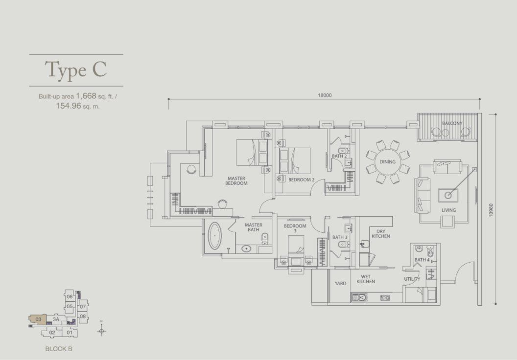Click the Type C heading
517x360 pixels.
76,69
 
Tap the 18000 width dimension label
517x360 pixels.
325,95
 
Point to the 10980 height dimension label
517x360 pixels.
491,210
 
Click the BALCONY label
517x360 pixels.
452,123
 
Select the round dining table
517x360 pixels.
387,162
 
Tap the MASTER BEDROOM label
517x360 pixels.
236,181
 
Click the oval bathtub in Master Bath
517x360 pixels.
215,236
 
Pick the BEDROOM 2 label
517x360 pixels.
302,180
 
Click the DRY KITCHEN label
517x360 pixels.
381,234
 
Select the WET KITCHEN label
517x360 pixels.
366,279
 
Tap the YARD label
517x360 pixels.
340,283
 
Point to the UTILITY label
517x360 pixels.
412,279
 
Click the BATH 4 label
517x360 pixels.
422,260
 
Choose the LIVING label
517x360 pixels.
449,210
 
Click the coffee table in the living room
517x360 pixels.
448,195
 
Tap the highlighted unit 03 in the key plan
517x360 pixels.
38,319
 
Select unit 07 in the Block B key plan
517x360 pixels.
83,307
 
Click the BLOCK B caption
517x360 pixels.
59,349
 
